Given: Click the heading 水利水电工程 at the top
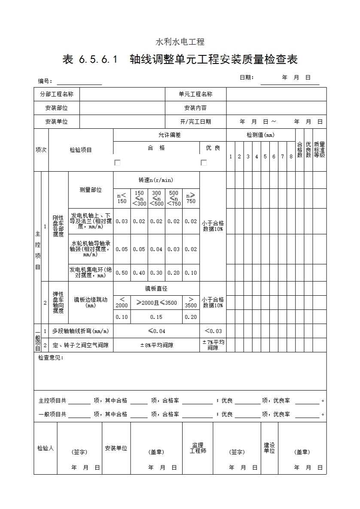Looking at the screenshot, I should coord(180,42).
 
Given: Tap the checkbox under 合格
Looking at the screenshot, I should coord(117,163).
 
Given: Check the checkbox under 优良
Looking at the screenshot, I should coord(204,163).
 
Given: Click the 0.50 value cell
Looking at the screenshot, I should coord(122,273).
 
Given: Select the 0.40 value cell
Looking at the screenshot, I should coord(139,273).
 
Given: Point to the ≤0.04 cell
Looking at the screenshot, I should coord(156,331).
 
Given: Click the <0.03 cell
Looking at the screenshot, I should coord(213,331).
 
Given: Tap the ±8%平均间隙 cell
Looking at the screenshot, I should coord(156,345).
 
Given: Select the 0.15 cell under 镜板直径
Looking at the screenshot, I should coord(156,317).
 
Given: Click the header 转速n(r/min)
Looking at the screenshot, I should coord(156,180).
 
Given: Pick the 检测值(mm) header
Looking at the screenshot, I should coord(260,135).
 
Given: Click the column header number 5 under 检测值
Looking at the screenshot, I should coord(265,157).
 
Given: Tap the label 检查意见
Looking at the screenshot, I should coord(51,358).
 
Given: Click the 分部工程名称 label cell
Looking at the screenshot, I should coord(57,94).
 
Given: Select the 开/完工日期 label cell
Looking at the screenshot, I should coord(195,122).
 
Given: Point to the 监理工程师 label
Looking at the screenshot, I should coord(198,448).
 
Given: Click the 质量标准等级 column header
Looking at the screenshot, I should coord(319,150).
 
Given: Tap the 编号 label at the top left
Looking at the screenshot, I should coord(45,81).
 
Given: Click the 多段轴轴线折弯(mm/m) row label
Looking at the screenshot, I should coord(80,331).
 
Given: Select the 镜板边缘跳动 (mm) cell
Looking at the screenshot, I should coord(91,302).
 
